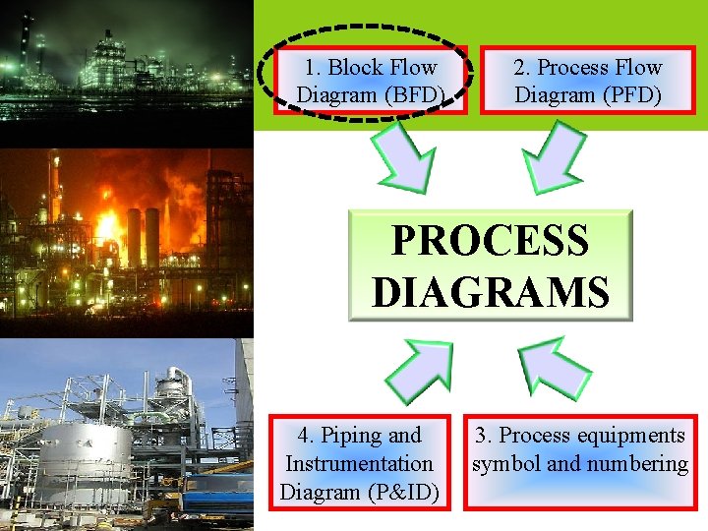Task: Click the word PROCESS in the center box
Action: tap(490, 242)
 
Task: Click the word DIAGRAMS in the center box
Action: tap(490, 290)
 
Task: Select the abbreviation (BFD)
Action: tap(415, 95)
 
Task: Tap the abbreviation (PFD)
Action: tap(630, 95)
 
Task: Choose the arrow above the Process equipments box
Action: tap(555, 367)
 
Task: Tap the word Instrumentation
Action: tap(359, 463)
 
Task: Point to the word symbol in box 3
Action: tap(505, 463)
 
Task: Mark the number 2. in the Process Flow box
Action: tap(522, 67)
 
